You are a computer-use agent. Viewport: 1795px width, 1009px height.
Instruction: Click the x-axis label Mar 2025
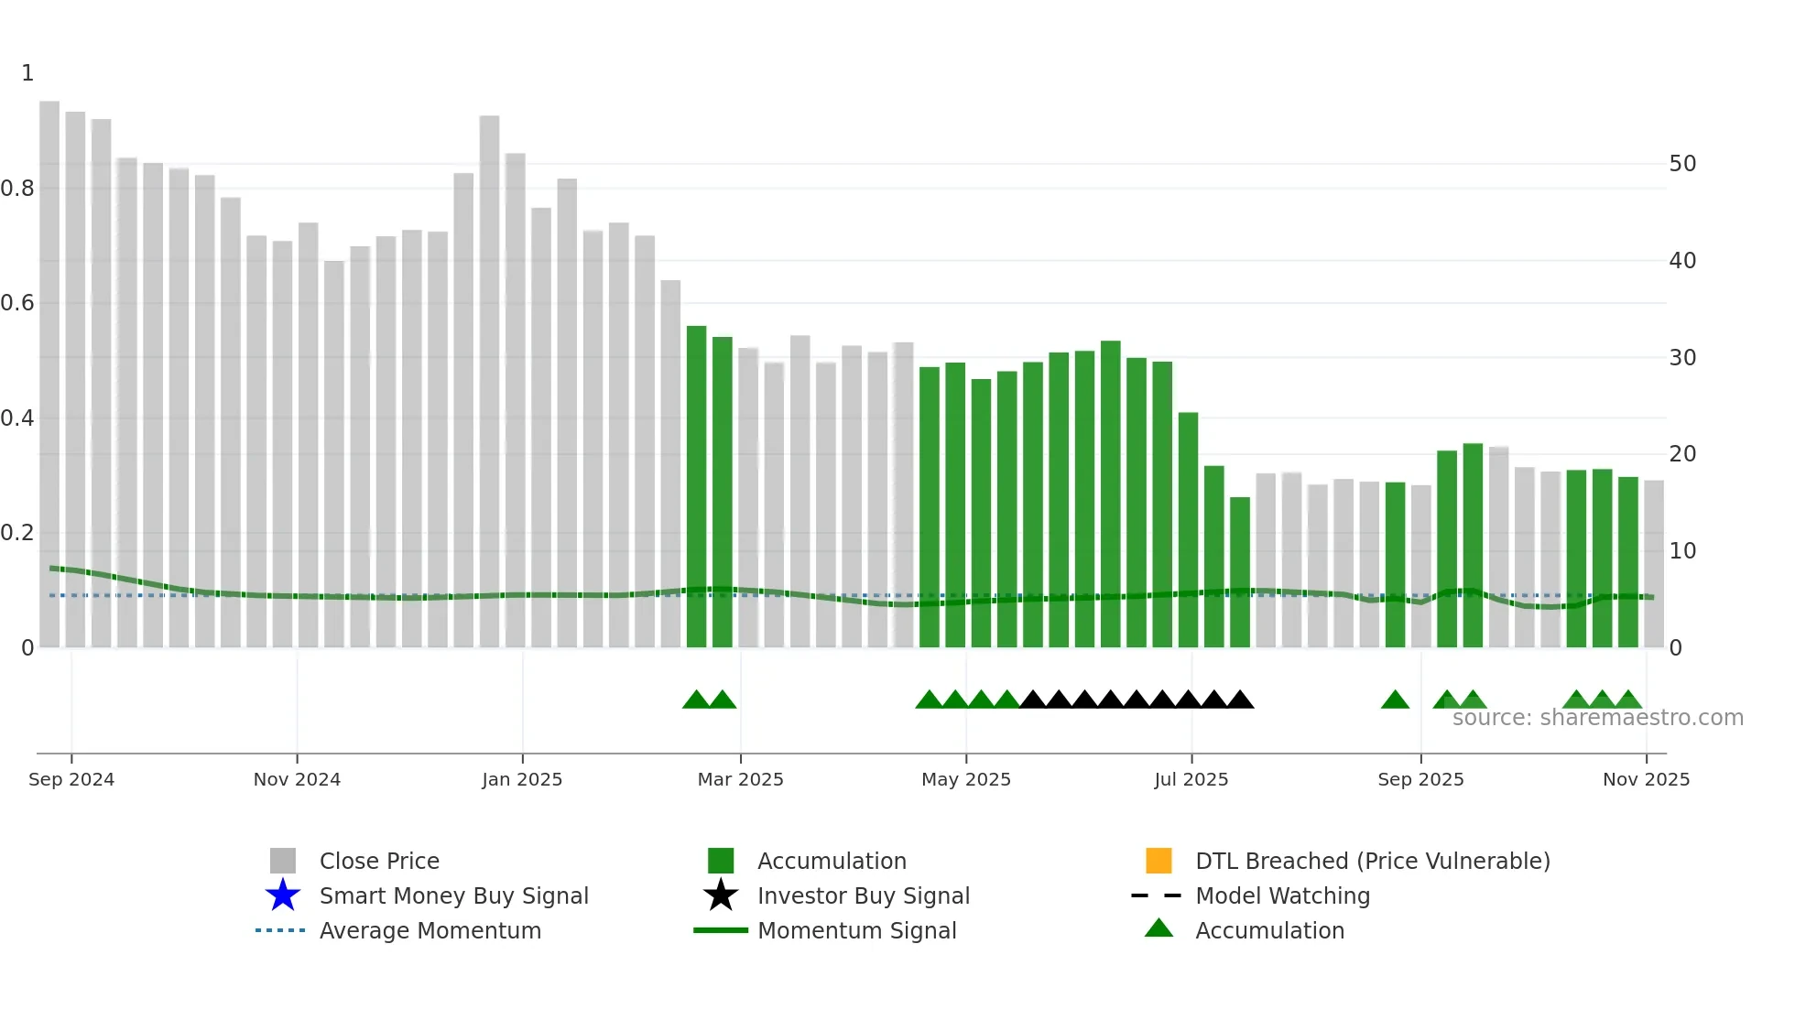coord(740,779)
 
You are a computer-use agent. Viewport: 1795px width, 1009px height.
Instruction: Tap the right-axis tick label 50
coord(1682,164)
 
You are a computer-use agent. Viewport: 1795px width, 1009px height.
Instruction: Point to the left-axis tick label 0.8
coord(17,189)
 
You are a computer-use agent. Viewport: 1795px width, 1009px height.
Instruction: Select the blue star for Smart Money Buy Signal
coord(283,895)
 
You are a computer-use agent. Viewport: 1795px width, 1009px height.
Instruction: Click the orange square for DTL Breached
coord(1159,861)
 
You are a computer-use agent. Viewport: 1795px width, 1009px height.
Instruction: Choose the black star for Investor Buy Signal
coord(721,895)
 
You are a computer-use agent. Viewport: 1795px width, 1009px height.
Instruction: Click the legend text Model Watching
coord(1282,895)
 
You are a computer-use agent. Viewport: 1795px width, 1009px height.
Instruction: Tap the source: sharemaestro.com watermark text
coord(1597,718)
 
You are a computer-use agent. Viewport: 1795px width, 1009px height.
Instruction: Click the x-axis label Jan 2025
coord(522,779)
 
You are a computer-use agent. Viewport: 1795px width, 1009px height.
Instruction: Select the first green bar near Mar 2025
coord(696,485)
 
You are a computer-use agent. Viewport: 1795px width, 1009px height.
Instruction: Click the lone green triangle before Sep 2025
coord(1395,700)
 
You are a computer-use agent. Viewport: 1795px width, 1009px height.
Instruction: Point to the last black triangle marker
coord(1240,700)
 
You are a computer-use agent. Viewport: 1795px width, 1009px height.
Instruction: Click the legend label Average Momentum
coord(430,930)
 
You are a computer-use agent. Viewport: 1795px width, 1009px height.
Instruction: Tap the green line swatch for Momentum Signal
coord(721,930)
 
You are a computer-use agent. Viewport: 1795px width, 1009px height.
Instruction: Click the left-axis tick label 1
coord(27,73)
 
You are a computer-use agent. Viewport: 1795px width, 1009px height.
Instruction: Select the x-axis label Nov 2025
coord(1646,779)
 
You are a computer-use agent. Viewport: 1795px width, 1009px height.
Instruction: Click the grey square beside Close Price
coord(283,861)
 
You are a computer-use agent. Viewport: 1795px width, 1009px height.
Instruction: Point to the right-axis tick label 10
coord(1682,551)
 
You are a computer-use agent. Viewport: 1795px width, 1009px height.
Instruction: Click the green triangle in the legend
coord(1159,928)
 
